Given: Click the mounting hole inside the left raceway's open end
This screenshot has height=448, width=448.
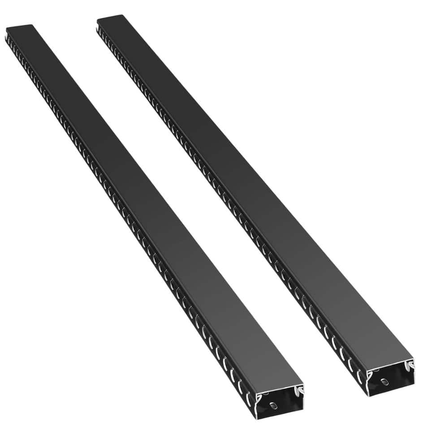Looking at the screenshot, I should (272, 407).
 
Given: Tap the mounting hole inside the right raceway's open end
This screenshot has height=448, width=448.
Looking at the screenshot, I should (384, 382).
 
